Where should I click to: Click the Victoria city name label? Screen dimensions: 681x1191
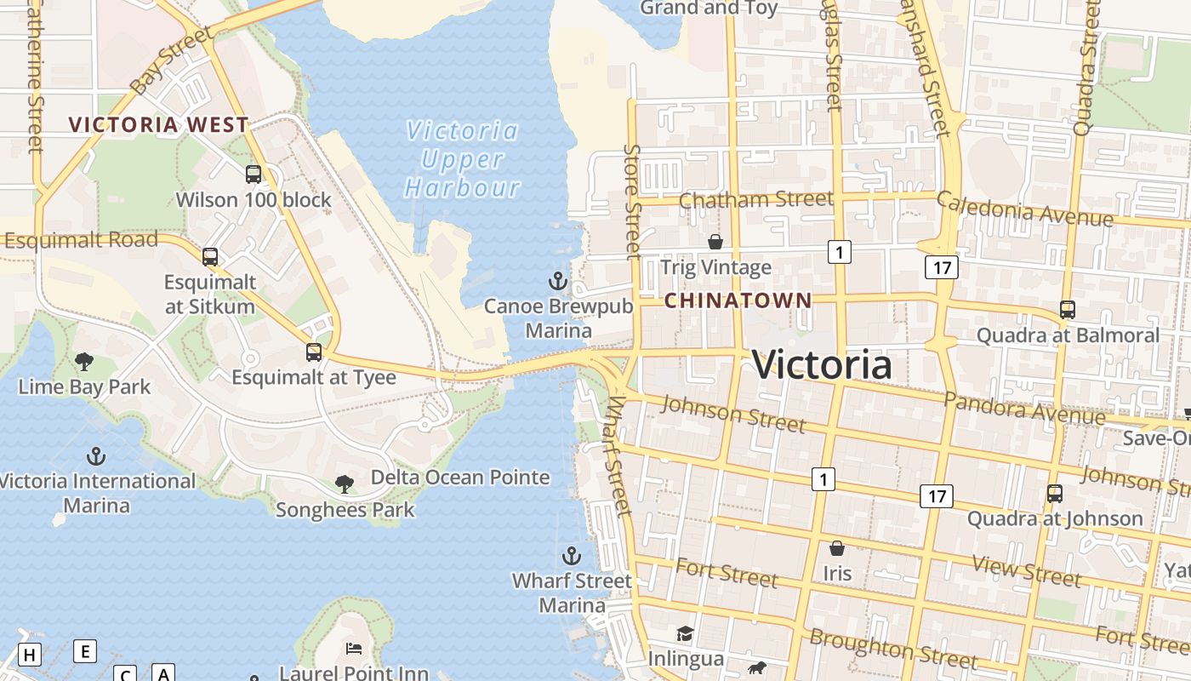[x=822, y=365]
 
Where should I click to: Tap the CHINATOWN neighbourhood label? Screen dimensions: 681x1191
[x=738, y=300]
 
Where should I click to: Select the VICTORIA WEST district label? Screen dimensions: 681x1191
[x=158, y=125]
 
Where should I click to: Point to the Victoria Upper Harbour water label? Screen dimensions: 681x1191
[x=462, y=159]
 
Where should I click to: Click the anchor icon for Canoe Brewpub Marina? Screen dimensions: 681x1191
[x=557, y=281]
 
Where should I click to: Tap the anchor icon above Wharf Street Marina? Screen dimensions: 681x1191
[x=572, y=557]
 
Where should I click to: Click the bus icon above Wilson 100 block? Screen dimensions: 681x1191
[x=254, y=175]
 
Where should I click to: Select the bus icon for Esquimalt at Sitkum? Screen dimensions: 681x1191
[x=210, y=256]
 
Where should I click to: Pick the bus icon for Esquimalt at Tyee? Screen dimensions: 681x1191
[x=314, y=352]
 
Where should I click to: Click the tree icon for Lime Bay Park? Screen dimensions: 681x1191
[x=84, y=362]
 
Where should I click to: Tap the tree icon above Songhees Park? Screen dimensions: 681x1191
[x=345, y=484]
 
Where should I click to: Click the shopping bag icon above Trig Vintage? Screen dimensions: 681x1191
[x=715, y=243]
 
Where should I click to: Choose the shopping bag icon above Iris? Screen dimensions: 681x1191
[x=837, y=548]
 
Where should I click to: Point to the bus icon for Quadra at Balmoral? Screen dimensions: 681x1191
[x=1068, y=310]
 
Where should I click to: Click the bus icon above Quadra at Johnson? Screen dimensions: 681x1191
[x=1055, y=493]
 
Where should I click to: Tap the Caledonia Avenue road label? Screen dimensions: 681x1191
[x=1024, y=209]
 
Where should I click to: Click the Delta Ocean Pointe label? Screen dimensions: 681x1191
[x=460, y=478]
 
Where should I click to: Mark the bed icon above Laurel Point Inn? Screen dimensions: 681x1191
[x=354, y=649]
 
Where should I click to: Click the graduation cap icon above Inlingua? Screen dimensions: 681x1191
[x=685, y=633]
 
